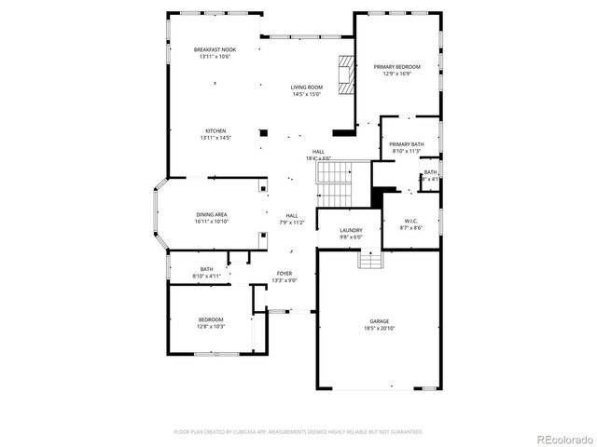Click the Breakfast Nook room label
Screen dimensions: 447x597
(215, 49)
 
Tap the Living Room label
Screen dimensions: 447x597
(306, 87)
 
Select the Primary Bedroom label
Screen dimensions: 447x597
(397, 67)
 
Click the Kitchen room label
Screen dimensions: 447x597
(215, 130)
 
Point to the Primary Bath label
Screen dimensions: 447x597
(407, 144)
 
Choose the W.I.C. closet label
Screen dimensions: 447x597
(411, 221)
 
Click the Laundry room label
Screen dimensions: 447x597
(351, 230)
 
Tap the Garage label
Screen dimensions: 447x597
(379, 321)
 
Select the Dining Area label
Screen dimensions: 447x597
(211, 214)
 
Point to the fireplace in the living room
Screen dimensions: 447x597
(347, 74)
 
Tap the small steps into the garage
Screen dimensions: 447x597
(370, 260)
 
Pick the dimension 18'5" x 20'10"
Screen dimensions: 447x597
(379, 328)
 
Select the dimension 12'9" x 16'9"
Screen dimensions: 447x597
(397, 74)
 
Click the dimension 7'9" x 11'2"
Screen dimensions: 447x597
(292, 222)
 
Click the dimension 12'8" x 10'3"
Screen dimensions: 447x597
(210, 326)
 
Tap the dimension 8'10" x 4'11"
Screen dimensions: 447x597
(205, 276)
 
